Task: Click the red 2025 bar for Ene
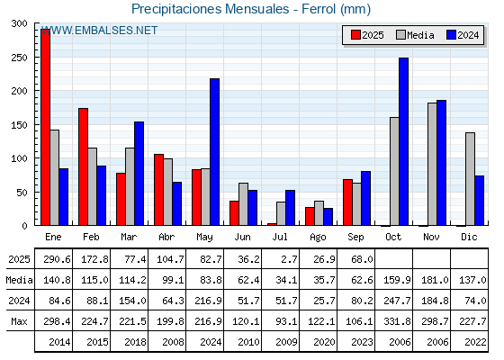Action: coord(45,127)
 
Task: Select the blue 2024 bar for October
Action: coord(404,141)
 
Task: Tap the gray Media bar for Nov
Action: coord(432,164)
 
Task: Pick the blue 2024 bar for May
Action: coord(215,152)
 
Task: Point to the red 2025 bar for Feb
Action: coord(83,166)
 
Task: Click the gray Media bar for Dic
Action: coord(470,179)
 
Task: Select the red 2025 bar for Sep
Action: coord(347,202)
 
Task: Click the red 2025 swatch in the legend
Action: coord(355,35)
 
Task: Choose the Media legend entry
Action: coord(415,35)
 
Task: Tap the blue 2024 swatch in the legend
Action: coord(451,35)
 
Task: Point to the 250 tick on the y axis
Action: coord(19,58)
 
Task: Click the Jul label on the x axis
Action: coord(280,237)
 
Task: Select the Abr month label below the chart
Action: coord(166,237)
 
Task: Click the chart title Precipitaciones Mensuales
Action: coord(211,9)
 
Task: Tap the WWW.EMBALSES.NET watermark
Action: coord(99,31)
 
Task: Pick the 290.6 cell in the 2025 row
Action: coord(57,259)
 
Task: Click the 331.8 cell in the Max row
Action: coord(397,321)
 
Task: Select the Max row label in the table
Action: coord(19,321)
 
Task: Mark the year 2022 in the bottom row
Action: coord(476,342)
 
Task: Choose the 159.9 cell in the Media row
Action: coord(397,280)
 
